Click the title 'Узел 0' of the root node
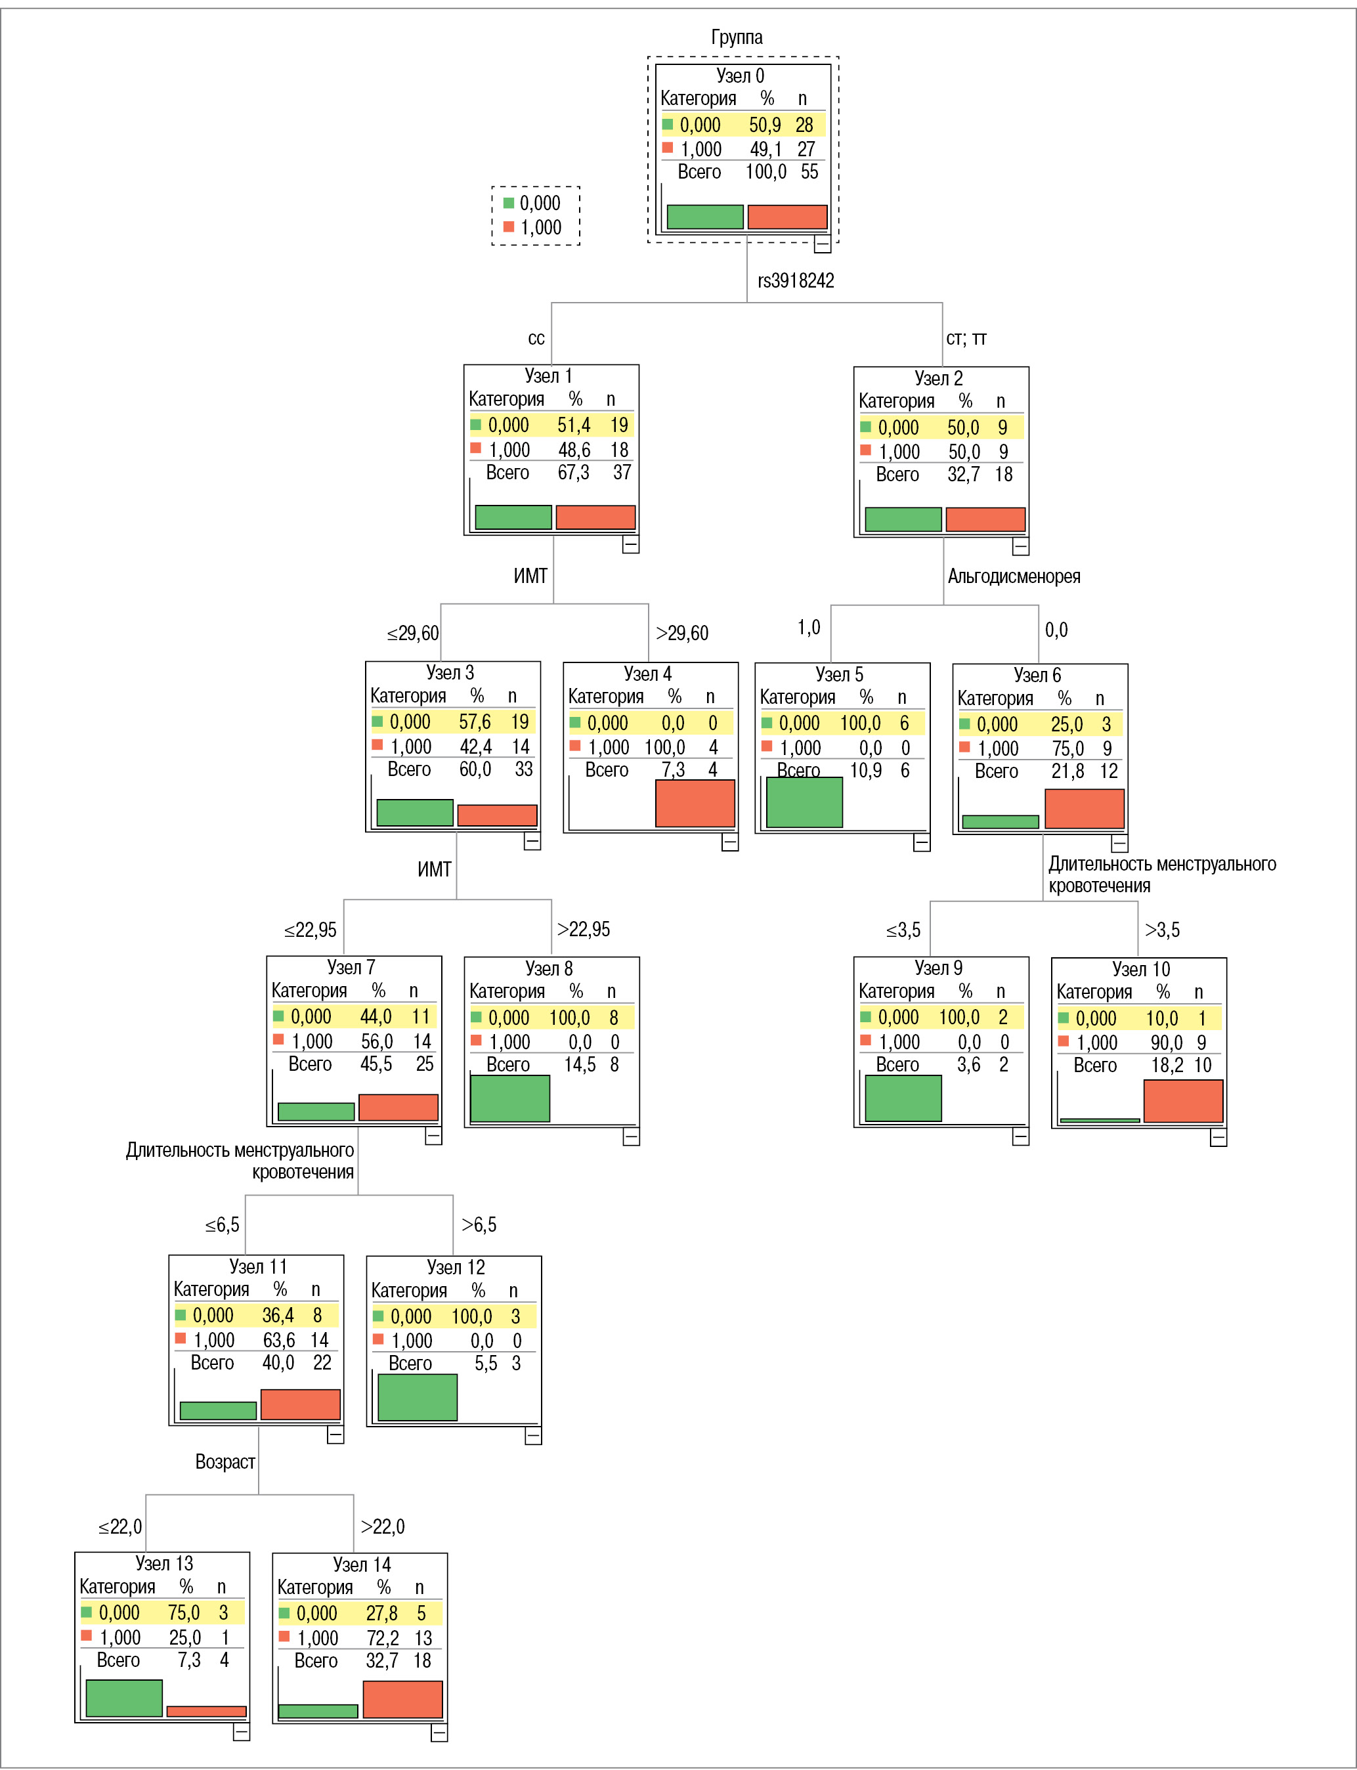tap(739, 76)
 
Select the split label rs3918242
tap(795, 280)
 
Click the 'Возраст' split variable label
tap(225, 1461)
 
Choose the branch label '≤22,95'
tap(310, 930)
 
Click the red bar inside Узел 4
tap(695, 803)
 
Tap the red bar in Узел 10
tap(1182, 1100)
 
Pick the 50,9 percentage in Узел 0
tap(764, 125)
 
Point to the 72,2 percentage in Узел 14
tap(382, 1637)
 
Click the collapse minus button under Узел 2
tap(1020, 547)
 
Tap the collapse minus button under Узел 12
tap(533, 1436)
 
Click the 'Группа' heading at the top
tap(736, 37)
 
